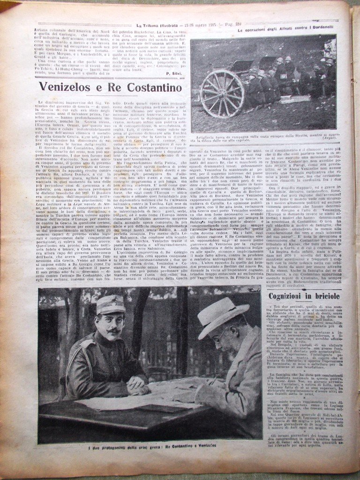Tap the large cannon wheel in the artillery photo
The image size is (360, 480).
(222, 93)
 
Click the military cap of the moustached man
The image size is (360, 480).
(111, 305)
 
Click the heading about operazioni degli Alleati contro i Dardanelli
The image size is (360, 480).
(285, 30)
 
